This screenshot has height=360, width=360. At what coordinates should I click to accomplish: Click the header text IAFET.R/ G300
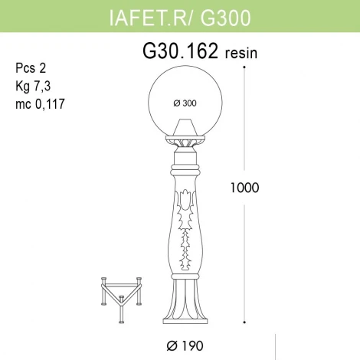179,15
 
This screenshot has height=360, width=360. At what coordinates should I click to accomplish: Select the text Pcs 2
30,68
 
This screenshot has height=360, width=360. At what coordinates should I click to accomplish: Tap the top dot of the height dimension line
244,67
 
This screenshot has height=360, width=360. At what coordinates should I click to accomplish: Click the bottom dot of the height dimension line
244,321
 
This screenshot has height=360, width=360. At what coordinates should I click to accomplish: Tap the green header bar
179,15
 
